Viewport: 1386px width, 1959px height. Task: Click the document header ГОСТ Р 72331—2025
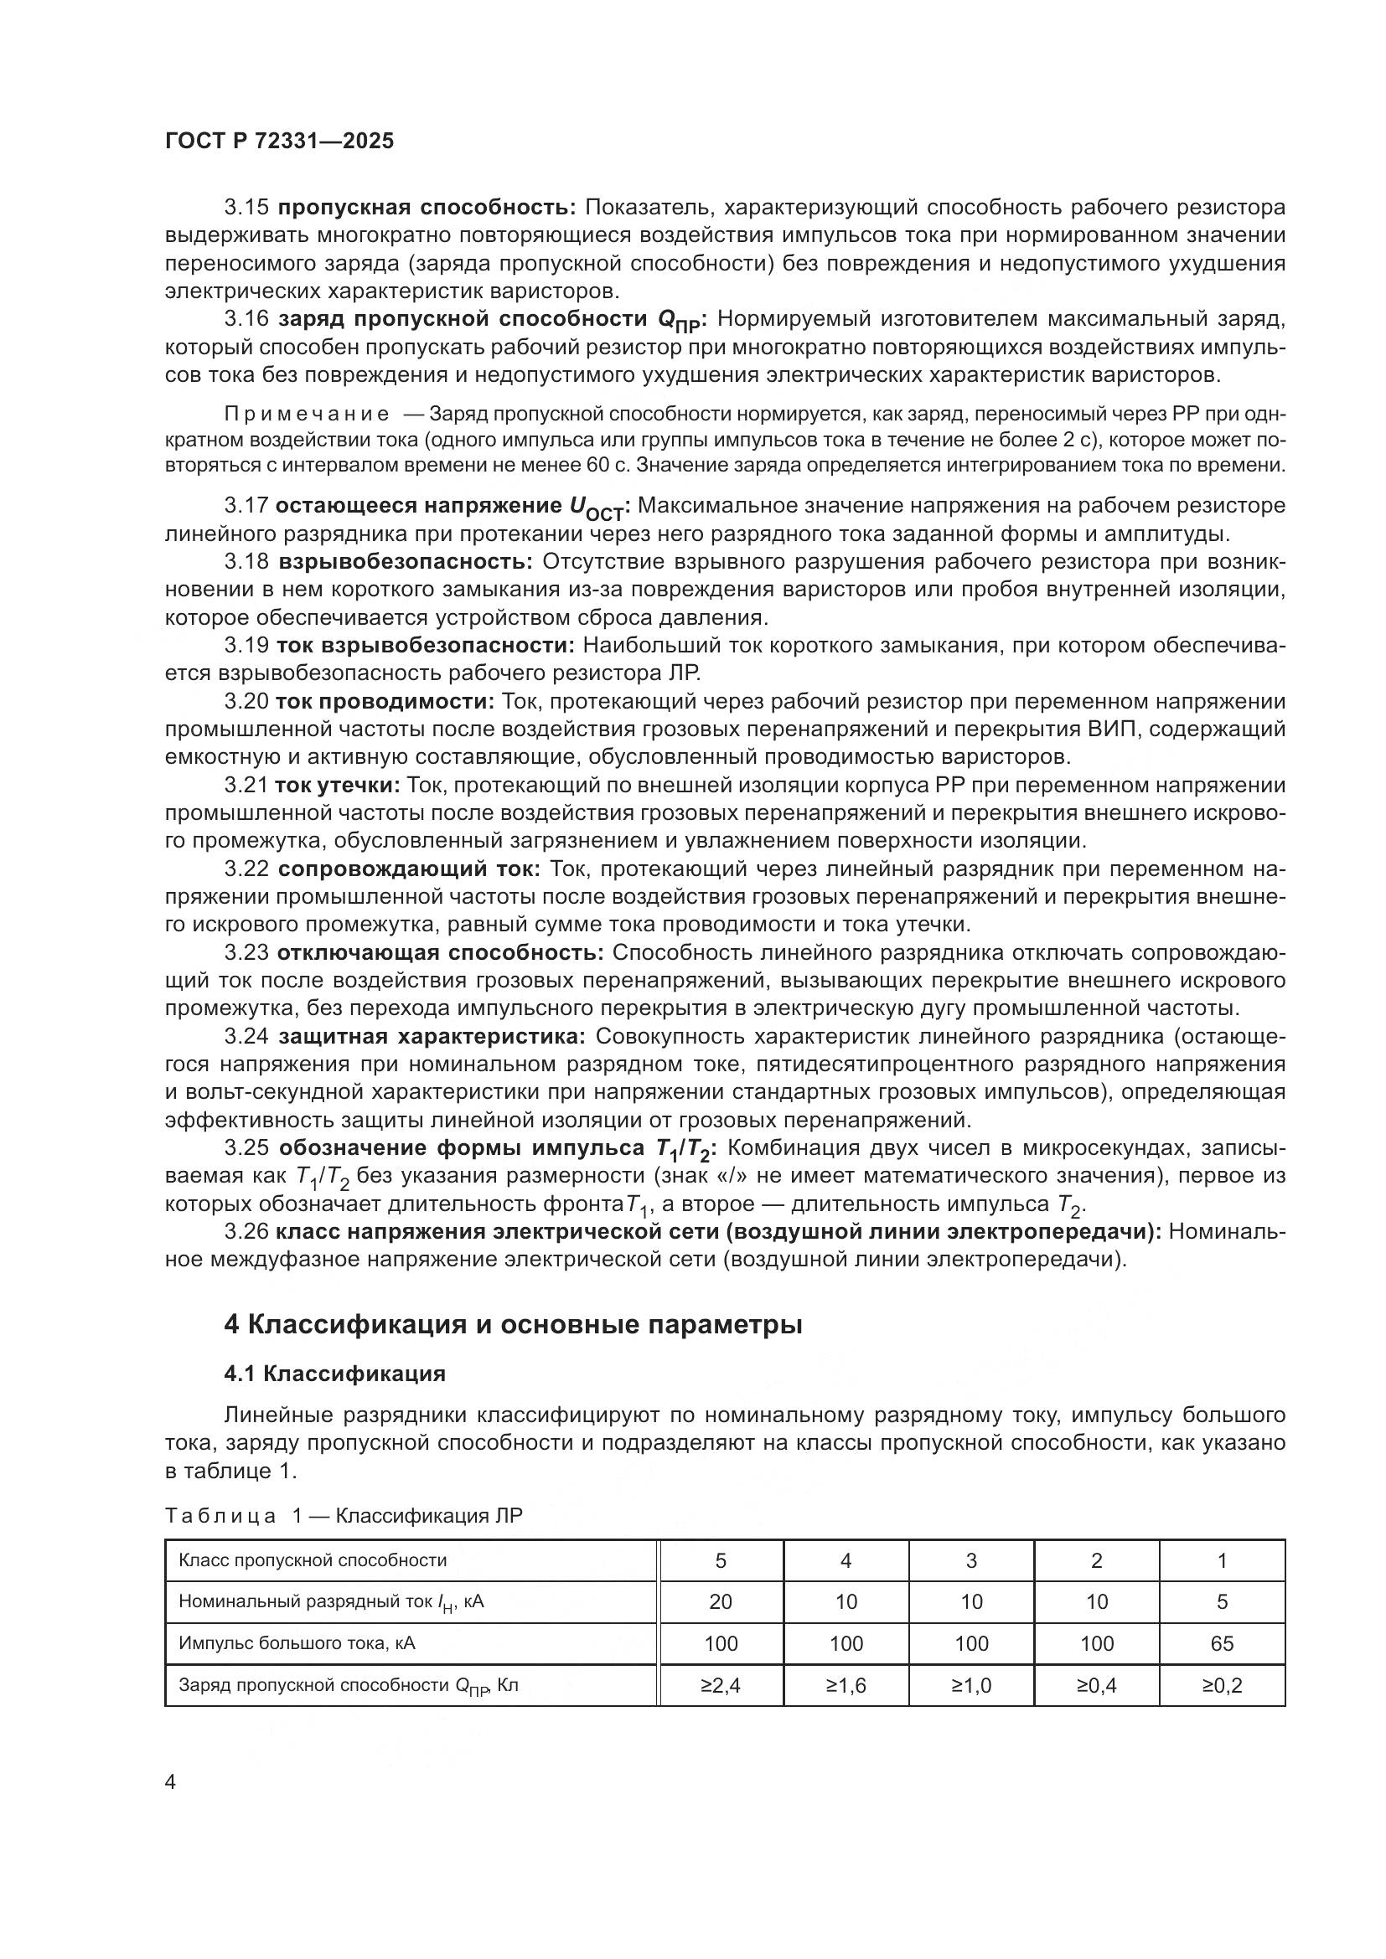pyautogui.click(x=279, y=141)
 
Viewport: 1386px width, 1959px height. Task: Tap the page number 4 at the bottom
pyautogui.click(x=171, y=1782)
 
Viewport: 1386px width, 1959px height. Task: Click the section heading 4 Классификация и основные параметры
pyautogui.click(x=512, y=1324)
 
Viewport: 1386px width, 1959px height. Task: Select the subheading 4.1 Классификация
pyautogui.click(x=334, y=1374)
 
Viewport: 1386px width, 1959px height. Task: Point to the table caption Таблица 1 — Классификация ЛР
pyautogui.click(x=343, y=1515)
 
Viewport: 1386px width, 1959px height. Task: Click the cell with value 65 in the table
pyautogui.click(x=1221, y=1643)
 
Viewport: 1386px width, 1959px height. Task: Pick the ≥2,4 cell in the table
pyautogui.click(x=721, y=1685)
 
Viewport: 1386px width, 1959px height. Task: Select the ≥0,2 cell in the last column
pyautogui.click(x=1221, y=1685)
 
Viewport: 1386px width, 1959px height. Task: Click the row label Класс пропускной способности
pyautogui.click(x=313, y=1560)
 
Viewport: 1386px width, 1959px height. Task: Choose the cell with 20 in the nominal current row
pyautogui.click(x=721, y=1601)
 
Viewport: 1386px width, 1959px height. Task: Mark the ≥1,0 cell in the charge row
pyautogui.click(x=971, y=1685)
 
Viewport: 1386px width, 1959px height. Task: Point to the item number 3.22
pyautogui.click(x=246, y=869)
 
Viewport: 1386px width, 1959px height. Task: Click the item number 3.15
pyautogui.click(x=246, y=208)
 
